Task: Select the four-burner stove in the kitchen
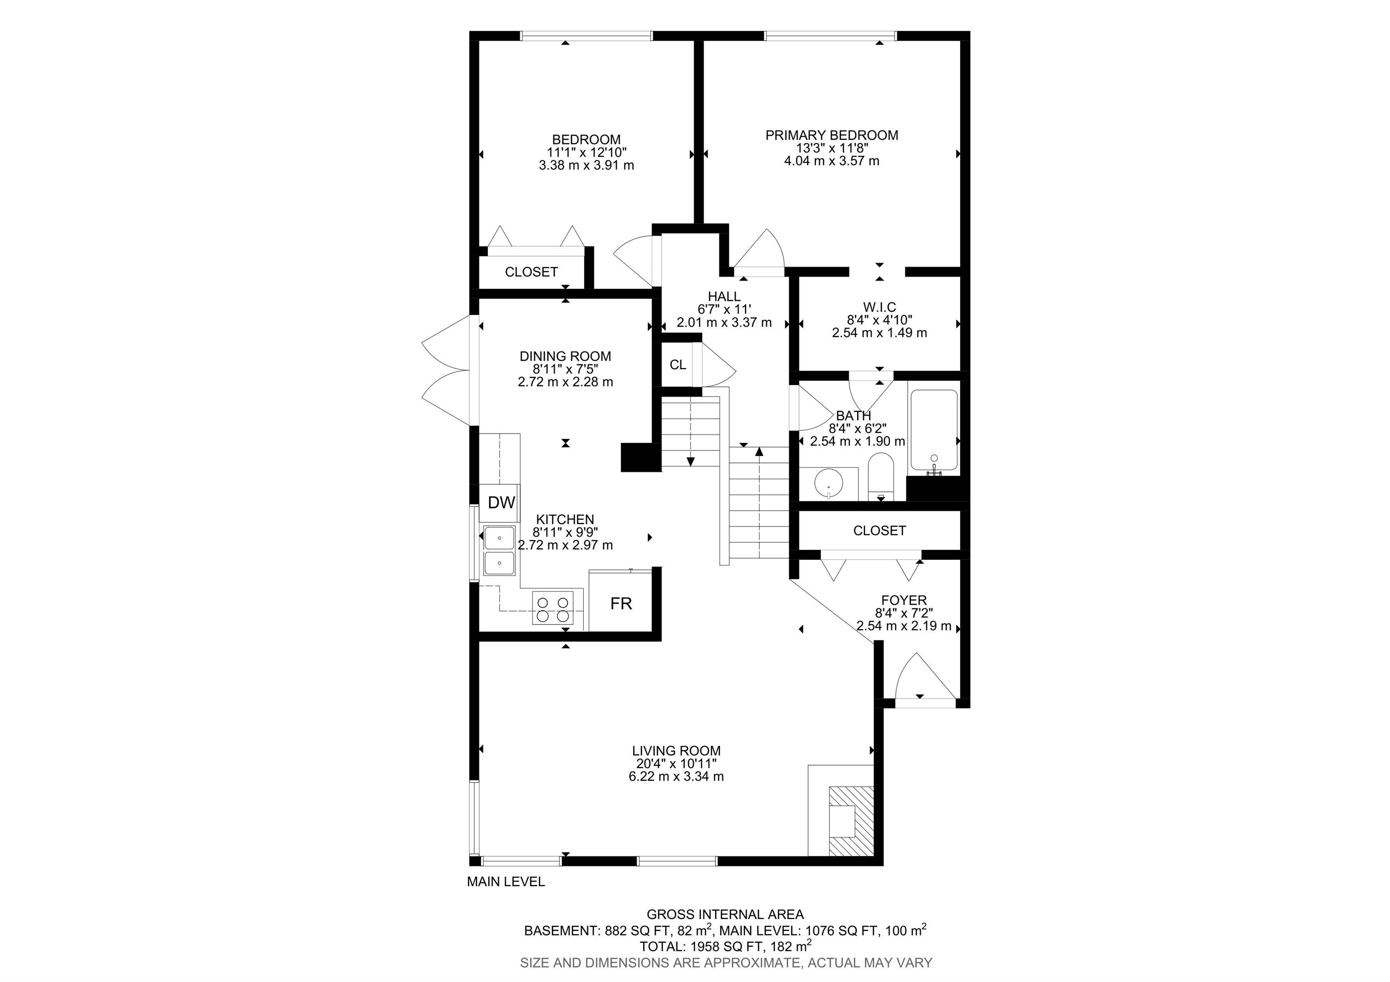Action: (x=553, y=608)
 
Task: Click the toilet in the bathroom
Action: (x=881, y=478)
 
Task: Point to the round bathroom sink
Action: (x=827, y=484)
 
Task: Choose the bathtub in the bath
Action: (x=934, y=431)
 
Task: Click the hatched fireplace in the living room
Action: (x=851, y=820)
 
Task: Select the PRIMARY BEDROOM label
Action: (x=832, y=135)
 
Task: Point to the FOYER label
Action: (x=904, y=600)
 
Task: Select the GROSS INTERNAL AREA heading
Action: (x=725, y=915)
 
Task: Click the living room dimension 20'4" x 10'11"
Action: (x=676, y=764)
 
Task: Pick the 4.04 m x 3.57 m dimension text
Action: (x=832, y=161)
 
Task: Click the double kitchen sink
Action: (x=500, y=550)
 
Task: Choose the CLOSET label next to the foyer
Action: (x=880, y=531)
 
